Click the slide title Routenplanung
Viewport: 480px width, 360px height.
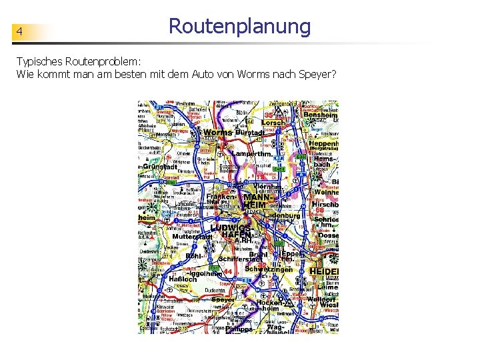pyautogui.click(x=239, y=27)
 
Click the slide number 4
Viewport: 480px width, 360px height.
pyautogui.click(x=20, y=32)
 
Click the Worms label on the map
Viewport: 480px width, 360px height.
pyautogui.click(x=217, y=133)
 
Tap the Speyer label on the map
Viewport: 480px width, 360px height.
pyautogui.click(x=223, y=300)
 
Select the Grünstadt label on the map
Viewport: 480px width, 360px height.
pyautogui.click(x=160, y=167)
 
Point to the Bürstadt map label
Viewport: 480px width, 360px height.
pyautogui.click(x=250, y=133)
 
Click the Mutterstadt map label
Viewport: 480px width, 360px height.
pyautogui.click(x=192, y=237)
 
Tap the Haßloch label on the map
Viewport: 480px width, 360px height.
pyautogui.click(x=164, y=279)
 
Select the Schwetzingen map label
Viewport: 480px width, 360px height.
pyautogui.click(x=269, y=269)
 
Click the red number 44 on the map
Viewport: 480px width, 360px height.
pyautogui.click(x=227, y=272)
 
